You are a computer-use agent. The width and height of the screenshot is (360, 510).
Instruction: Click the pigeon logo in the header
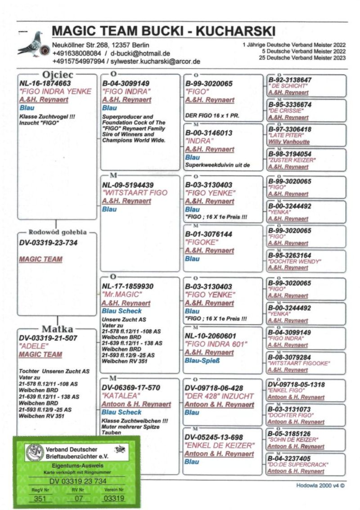[31, 44]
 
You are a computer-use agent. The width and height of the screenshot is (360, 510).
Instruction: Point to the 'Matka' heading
[57, 328]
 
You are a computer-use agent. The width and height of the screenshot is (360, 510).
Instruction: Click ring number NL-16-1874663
[45, 83]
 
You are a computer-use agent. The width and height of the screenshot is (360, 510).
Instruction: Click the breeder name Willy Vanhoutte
[288, 142]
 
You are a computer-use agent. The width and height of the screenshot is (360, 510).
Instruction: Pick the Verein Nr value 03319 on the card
[114, 498]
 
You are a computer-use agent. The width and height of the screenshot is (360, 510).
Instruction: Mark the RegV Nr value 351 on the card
[37, 498]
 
